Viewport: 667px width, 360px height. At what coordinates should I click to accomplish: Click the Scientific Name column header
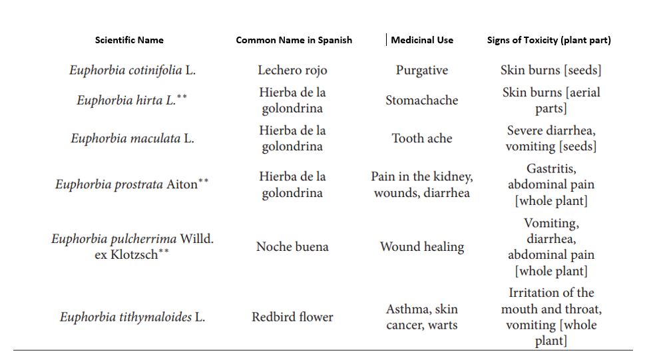(129, 40)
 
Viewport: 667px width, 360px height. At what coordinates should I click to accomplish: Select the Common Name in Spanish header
(294, 40)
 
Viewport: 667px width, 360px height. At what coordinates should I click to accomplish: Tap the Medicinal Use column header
(422, 40)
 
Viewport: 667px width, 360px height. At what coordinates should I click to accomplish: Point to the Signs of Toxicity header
(549, 40)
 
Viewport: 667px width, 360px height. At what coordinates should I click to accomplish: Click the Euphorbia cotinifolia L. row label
(132, 70)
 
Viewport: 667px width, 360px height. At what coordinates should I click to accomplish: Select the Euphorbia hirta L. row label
(131, 100)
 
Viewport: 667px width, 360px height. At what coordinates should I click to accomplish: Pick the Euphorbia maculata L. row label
(132, 138)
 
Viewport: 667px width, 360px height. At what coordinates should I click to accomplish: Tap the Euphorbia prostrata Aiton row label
(131, 184)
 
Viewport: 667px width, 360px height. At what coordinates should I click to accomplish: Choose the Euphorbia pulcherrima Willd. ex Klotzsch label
(132, 246)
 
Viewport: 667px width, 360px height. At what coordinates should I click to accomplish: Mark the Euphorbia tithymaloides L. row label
(132, 317)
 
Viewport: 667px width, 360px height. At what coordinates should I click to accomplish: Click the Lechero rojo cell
(292, 70)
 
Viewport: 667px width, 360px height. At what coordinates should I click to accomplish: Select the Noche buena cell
(292, 246)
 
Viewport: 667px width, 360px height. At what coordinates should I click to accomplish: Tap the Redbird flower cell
(292, 317)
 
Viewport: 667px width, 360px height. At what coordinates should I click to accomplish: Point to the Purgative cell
(422, 70)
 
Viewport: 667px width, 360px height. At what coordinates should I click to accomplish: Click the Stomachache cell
(422, 100)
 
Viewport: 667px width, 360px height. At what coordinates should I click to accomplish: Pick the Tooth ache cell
(422, 138)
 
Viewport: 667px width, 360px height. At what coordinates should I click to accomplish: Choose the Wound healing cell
(422, 246)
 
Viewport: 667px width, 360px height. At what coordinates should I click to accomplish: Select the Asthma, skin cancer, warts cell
(422, 317)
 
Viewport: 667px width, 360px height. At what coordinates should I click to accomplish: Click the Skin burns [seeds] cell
(551, 70)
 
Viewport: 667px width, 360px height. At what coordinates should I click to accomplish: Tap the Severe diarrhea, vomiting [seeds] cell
(551, 138)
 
